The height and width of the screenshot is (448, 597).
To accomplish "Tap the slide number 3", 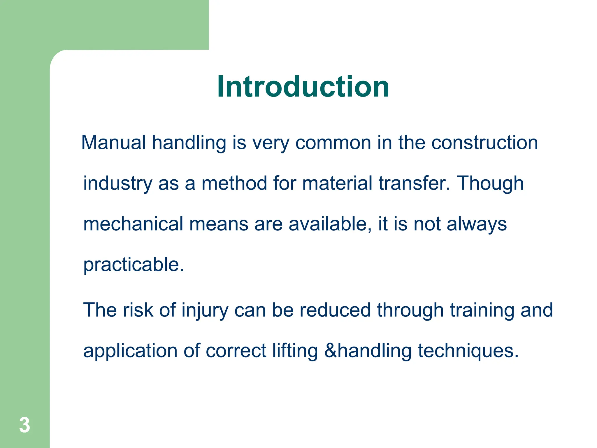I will tap(24, 425).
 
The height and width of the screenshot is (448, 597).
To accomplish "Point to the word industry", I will tap(118, 184).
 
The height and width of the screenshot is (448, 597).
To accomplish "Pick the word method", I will tap(234, 183).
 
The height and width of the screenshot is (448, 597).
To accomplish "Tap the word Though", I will tap(490, 184).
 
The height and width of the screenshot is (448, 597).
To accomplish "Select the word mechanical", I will tap(133, 224).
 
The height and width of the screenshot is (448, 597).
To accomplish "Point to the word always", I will tap(477, 225).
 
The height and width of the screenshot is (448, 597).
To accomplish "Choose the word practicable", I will tap(134, 265).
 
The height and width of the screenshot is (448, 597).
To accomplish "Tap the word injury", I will tap(205, 310).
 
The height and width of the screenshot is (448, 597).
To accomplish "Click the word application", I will tap(130, 351).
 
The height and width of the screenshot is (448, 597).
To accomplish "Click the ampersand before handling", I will tap(331, 351).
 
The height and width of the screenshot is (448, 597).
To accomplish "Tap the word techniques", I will tap(468, 351).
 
